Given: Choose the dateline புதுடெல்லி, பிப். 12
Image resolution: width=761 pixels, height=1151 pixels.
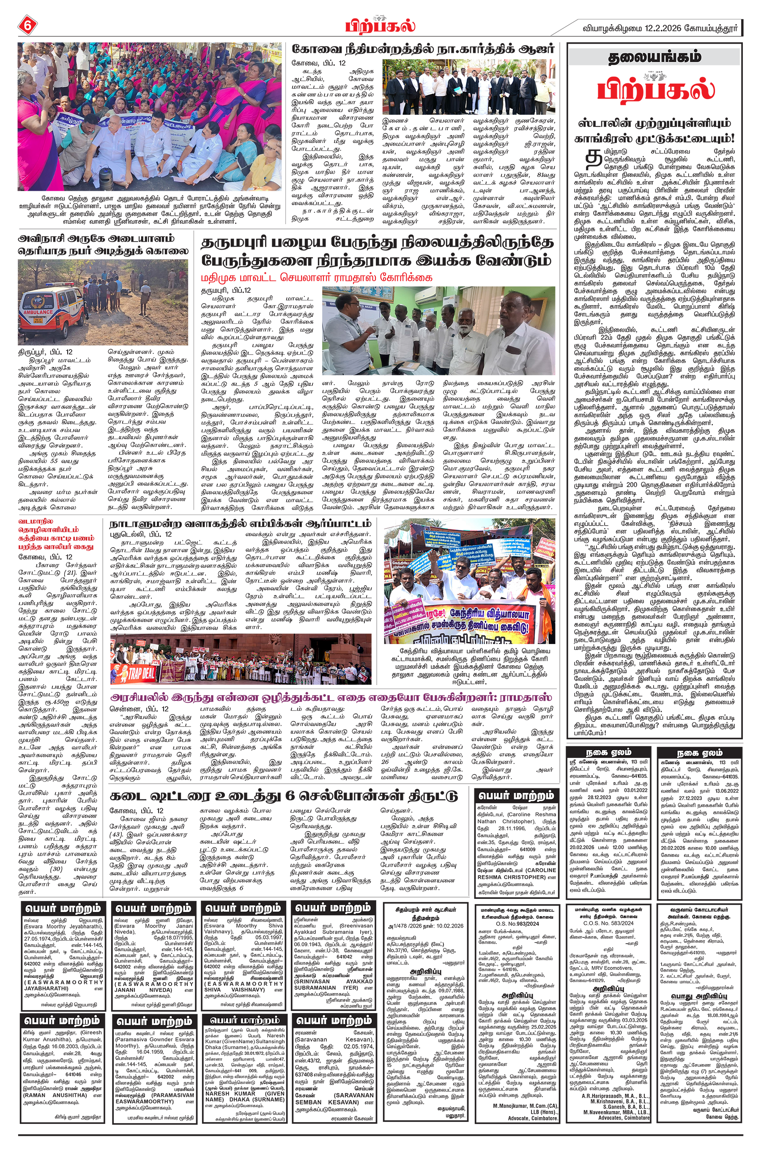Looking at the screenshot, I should [140, 534].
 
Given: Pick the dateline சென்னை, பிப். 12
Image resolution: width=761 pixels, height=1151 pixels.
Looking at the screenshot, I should [139, 708].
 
